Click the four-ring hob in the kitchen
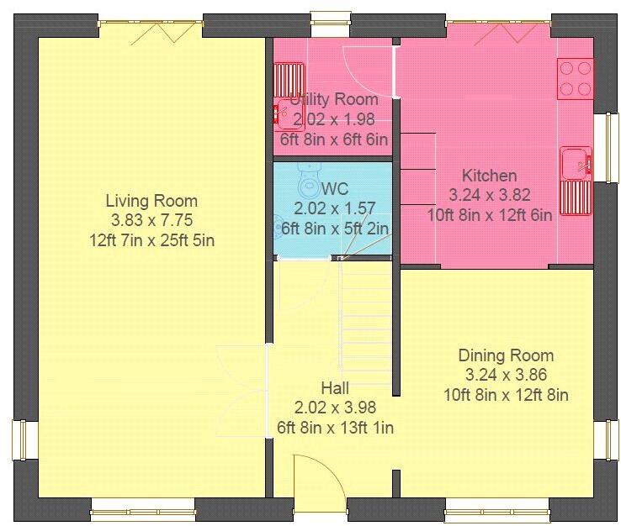(x=576, y=77)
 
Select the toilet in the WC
(x=308, y=183)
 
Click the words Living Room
(x=151, y=201)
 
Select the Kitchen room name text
(x=489, y=176)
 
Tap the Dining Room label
(x=506, y=355)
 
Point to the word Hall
(x=335, y=388)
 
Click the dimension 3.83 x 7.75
(x=151, y=221)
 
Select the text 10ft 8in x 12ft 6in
(x=489, y=215)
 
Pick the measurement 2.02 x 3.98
(x=335, y=408)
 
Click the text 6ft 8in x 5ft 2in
(x=335, y=228)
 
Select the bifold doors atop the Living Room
(x=150, y=29)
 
